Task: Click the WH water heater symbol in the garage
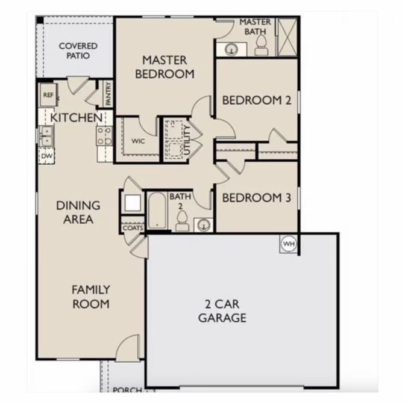pos(288,244)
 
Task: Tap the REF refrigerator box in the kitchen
pos(48,94)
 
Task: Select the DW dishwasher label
pos(47,156)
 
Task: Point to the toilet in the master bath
pos(262,45)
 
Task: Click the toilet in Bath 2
pos(182,221)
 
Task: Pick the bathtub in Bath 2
pos(157,211)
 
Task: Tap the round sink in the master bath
pos(231,49)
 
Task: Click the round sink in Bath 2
pos(204,225)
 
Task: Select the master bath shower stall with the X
pos(287,37)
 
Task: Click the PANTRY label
pos(108,94)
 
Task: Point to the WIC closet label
pos(138,141)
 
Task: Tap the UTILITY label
pos(187,140)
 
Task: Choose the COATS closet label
pos(133,228)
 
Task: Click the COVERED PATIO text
pos(78,51)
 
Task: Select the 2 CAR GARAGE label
pos(222,311)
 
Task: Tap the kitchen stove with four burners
pos(105,135)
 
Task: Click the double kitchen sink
pos(46,136)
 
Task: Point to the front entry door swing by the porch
pos(128,347)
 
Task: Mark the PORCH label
pos(127,390)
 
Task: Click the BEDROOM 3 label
pos(257,198)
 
